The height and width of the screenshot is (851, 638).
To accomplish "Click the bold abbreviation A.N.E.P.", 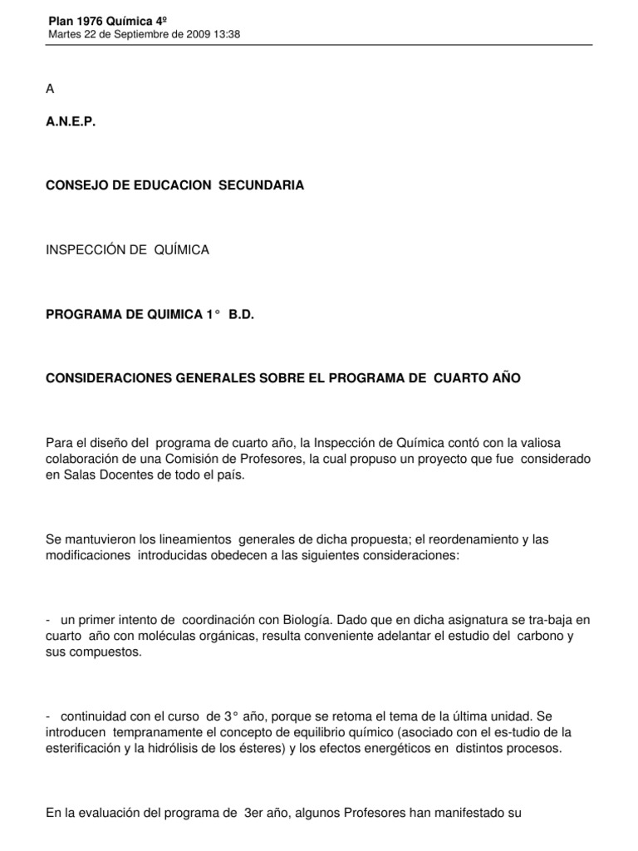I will click(x=71, y=121).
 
